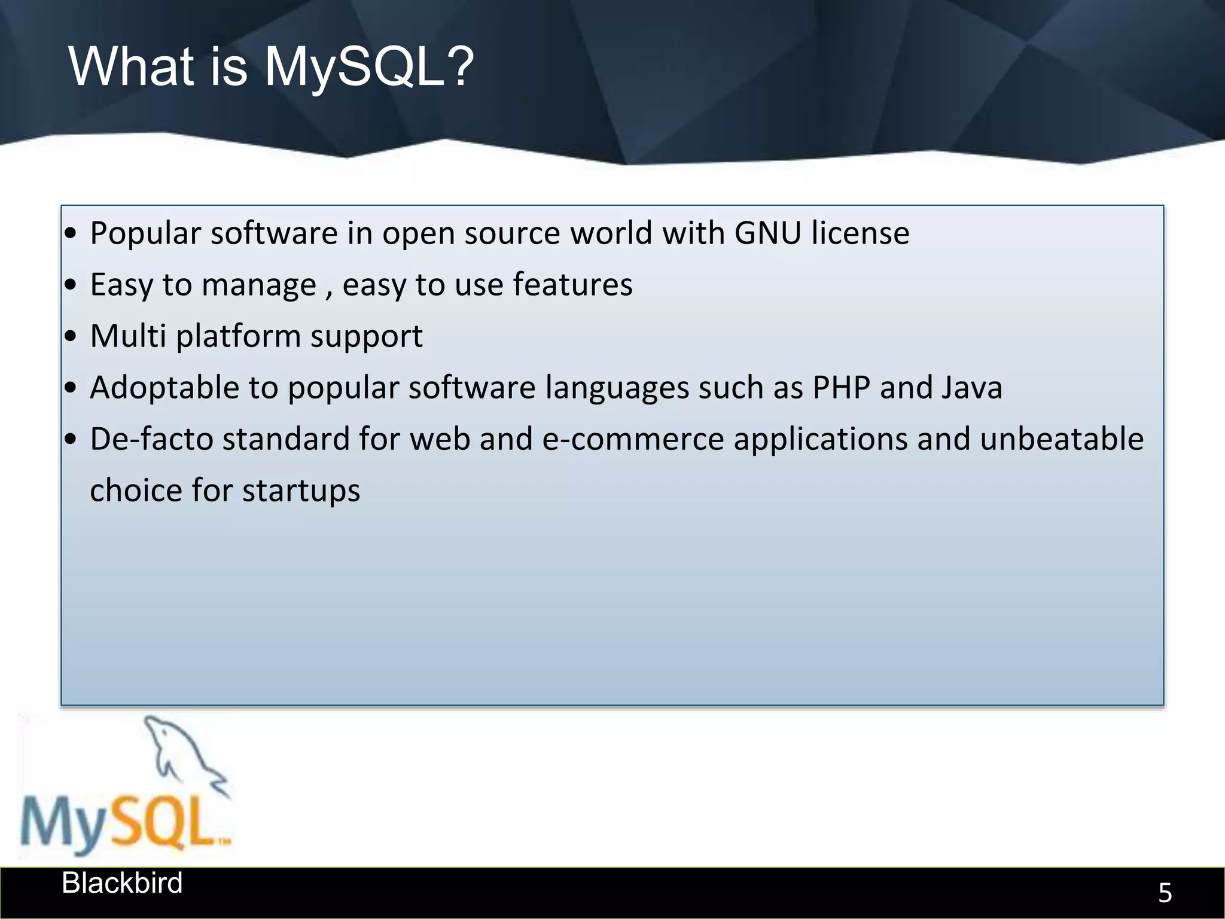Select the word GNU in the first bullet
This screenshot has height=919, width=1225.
point(767,233)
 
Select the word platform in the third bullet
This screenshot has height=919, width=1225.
point(238,337)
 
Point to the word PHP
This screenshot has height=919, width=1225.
point(841,388)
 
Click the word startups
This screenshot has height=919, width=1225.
point(301,491)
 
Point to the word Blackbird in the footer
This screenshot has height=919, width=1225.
point(122,883)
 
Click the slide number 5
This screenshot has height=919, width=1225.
point(1165,893)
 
